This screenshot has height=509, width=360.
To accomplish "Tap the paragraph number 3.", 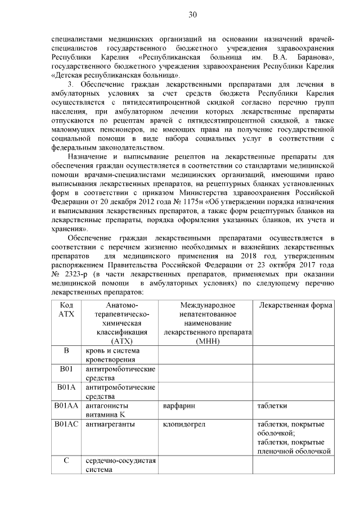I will (70, 84).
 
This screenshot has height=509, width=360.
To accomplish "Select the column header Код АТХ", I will (66, 309).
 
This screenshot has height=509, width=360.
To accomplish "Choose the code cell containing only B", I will (66, 352).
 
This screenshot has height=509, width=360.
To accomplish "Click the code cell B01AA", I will (66, 405).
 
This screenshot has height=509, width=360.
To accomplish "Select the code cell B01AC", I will (66, 424).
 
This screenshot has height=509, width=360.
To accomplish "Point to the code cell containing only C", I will (66, 461).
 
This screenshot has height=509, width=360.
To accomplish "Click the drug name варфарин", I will (178, 405).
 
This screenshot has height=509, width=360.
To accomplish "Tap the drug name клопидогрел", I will (183, 424).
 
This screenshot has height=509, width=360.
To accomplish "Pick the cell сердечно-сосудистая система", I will (120, 466).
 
